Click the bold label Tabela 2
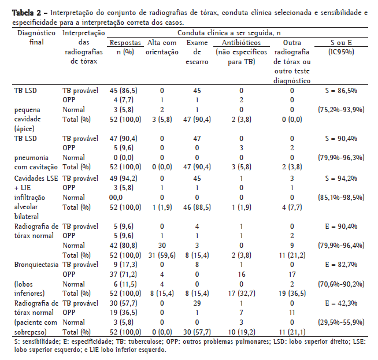click(x=24, y=12)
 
